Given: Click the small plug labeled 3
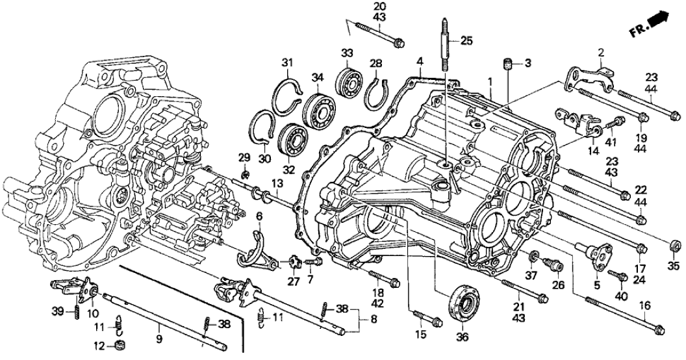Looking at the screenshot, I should pos(509,63).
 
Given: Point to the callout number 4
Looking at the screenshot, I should pos(421,62).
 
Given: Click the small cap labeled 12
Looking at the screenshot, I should pos(120,344).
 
